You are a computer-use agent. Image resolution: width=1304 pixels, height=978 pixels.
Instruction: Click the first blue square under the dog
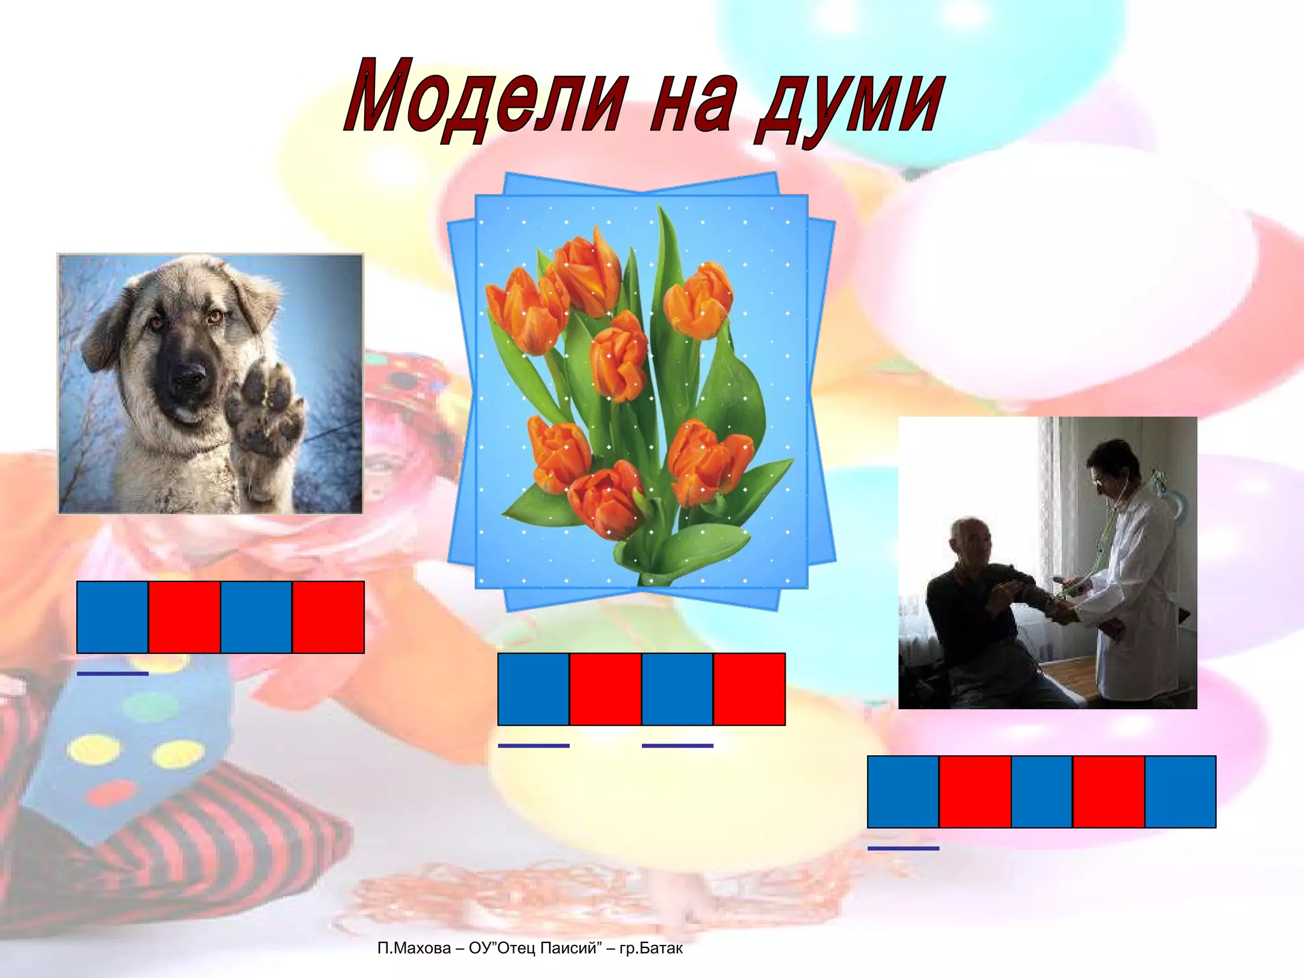[x=113, y=617]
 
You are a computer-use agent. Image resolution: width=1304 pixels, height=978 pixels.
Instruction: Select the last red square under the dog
[x=329, y=617]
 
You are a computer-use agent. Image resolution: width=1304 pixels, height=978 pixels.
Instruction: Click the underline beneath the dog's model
[x=113, y=673]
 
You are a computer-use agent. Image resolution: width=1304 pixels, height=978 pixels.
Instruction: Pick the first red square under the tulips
[x=606, y=689]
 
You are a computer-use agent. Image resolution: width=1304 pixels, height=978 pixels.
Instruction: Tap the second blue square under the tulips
[x=677, y=689]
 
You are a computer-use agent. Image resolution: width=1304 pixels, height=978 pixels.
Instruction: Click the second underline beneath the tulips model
[x=677, y=745]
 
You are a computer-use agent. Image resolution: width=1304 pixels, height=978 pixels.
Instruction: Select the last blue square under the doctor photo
[x=1180, y=791]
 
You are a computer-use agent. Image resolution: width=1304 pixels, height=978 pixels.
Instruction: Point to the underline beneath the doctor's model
[x=904, y=848]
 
